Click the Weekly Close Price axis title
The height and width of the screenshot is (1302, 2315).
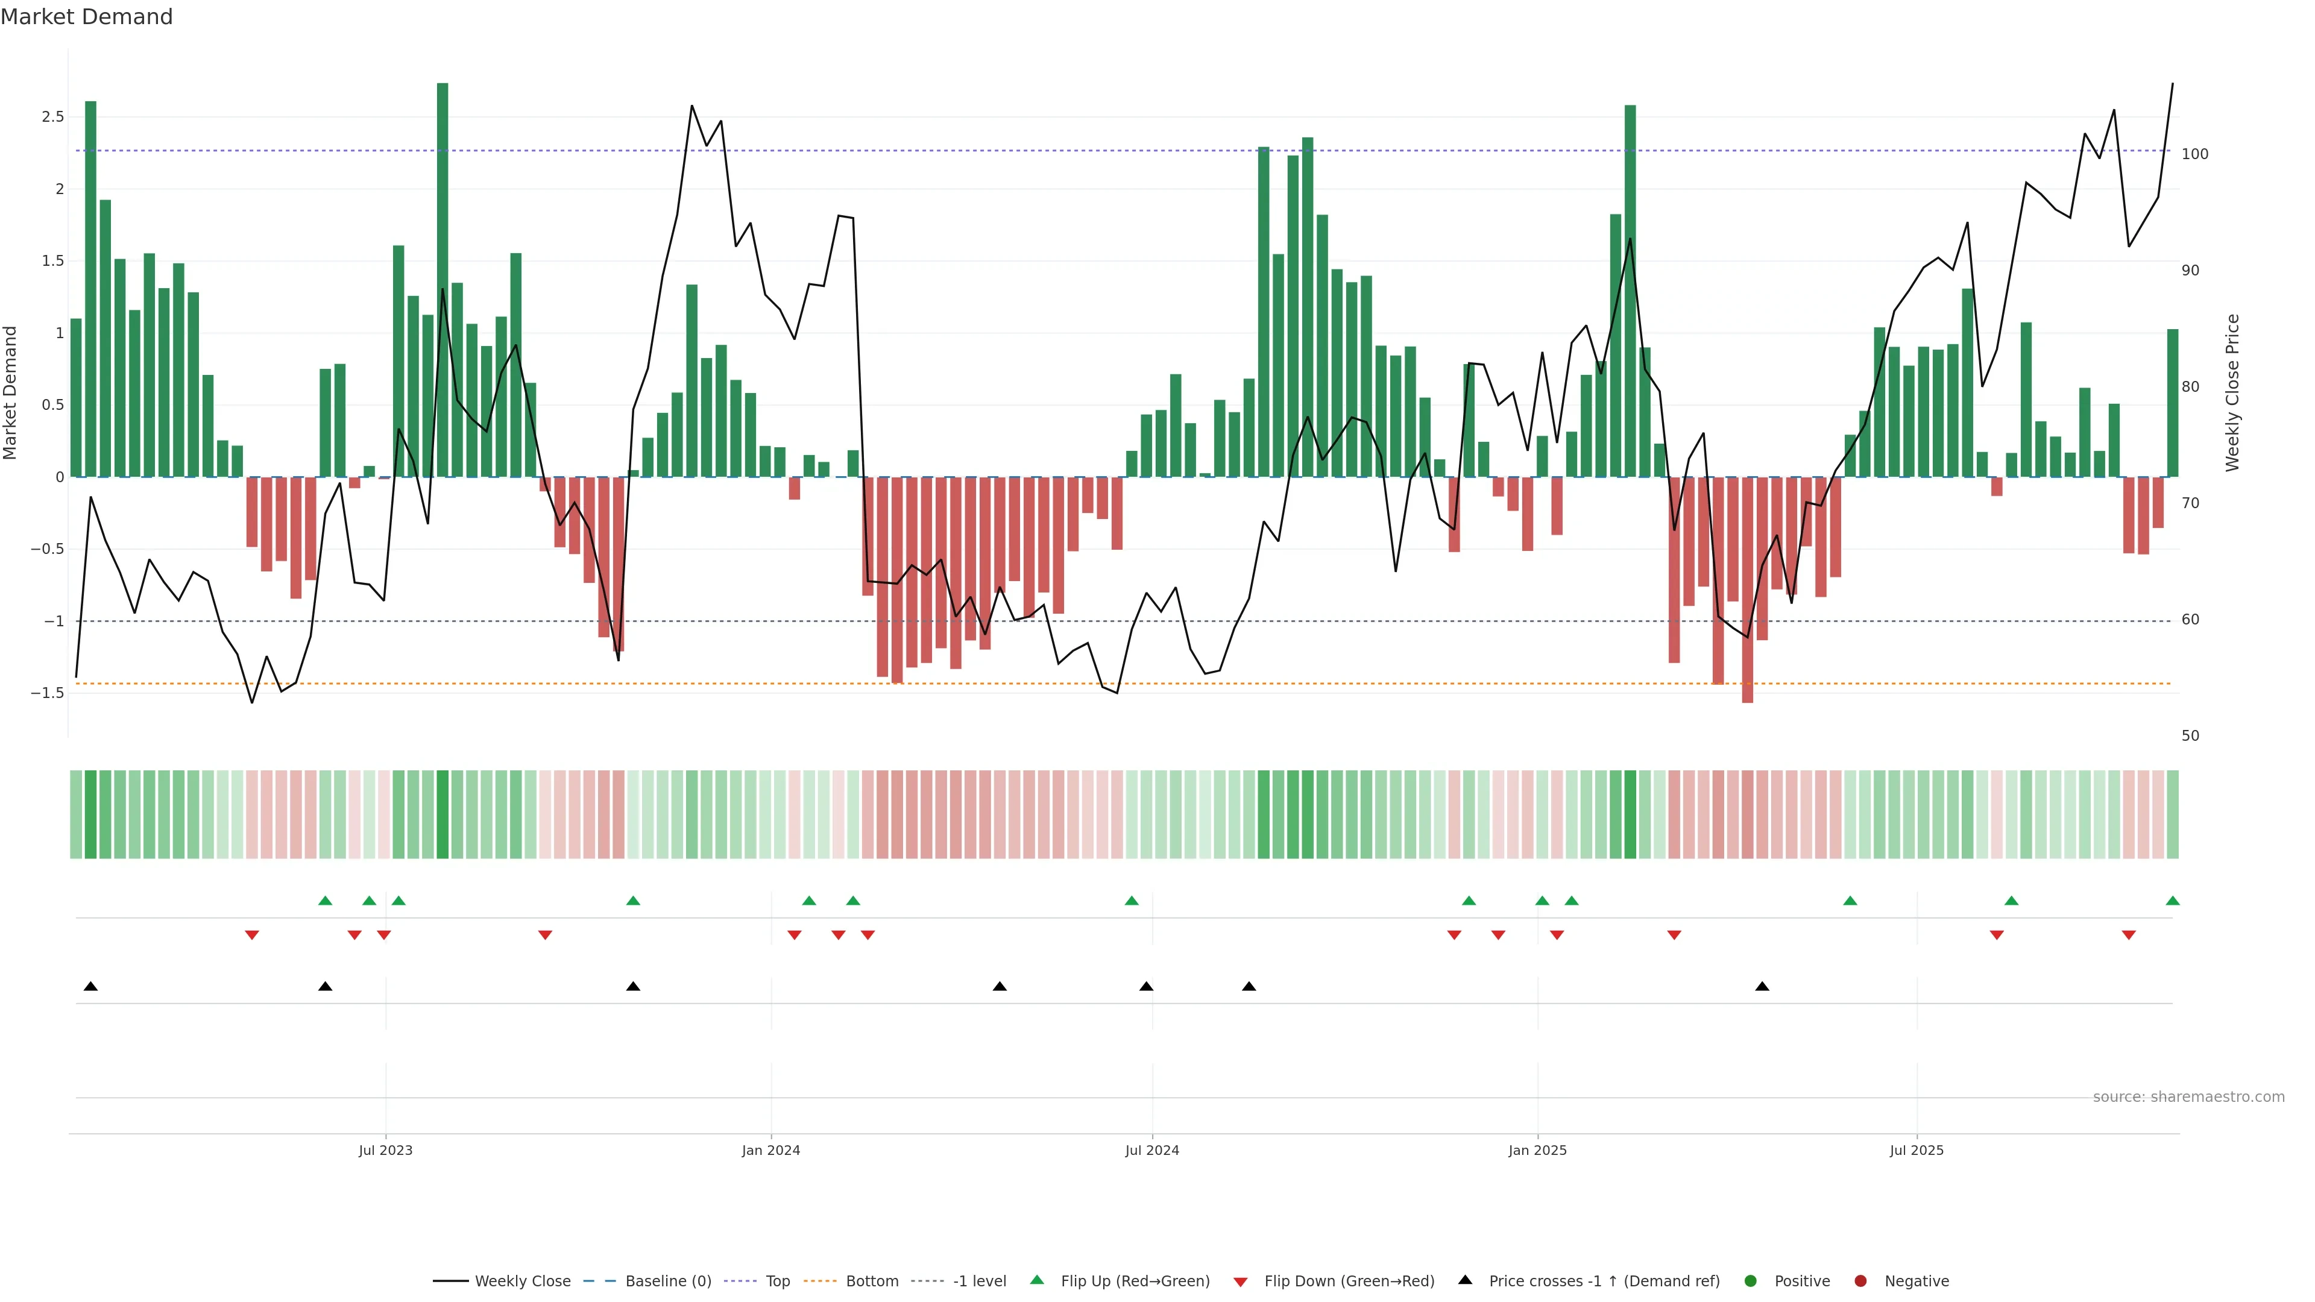[x=2232, y=392]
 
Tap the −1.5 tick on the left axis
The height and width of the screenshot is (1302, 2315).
[x=48, y=693]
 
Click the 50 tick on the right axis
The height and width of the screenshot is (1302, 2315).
[x=2190, y=736]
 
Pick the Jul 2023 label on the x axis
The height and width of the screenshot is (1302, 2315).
[x=386, y=1150]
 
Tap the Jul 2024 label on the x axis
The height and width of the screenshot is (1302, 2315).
[x=1152, y=1150]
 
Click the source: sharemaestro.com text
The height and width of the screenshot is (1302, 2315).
[x=2188, y=1097]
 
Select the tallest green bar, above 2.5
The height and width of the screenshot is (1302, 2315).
[x=442, y=269]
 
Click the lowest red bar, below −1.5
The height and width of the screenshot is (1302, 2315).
[x=1747, y=593]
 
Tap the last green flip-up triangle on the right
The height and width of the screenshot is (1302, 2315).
[x=2172, y=901]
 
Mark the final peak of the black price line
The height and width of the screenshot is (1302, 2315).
[x=2172, y=84]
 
